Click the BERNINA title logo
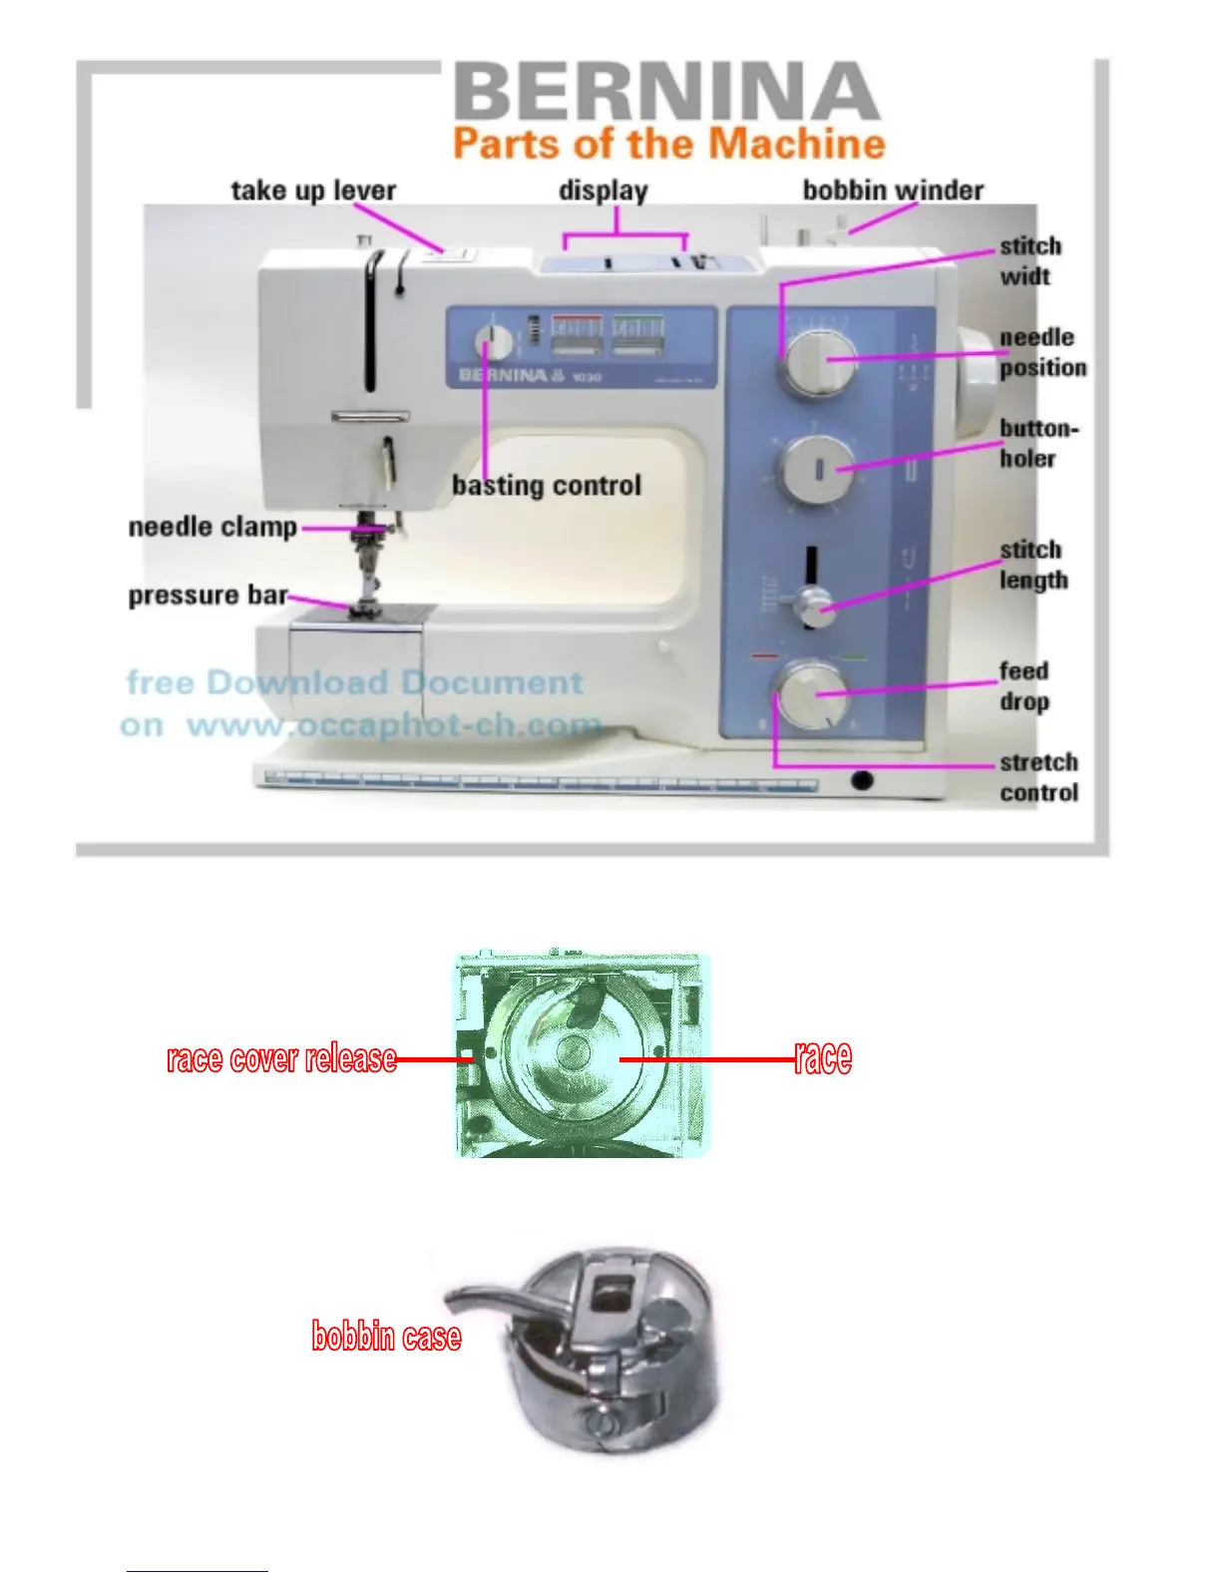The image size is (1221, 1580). coord(666,92)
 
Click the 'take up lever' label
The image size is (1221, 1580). coord(313,191)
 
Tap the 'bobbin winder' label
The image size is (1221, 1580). coord(893,191)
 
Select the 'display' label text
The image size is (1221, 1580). coord(603,191)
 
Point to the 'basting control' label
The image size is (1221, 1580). coord(546,486)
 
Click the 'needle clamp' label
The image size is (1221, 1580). coord(212,527)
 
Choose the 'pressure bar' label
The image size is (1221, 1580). coord(207,595)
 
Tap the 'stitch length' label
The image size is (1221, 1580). coord(1032,565)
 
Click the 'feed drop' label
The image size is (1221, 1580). coord(1024,686)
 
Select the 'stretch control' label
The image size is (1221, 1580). coord(1038,777)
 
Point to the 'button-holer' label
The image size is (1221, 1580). coord(1037,443)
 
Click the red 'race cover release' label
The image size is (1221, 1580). coord(281,1058)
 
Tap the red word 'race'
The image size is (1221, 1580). coord(823,1057)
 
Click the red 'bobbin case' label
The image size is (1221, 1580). coord(386,1336)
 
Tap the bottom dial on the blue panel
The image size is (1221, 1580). coord(813,694)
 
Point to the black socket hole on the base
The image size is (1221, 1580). coord(862,780)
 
